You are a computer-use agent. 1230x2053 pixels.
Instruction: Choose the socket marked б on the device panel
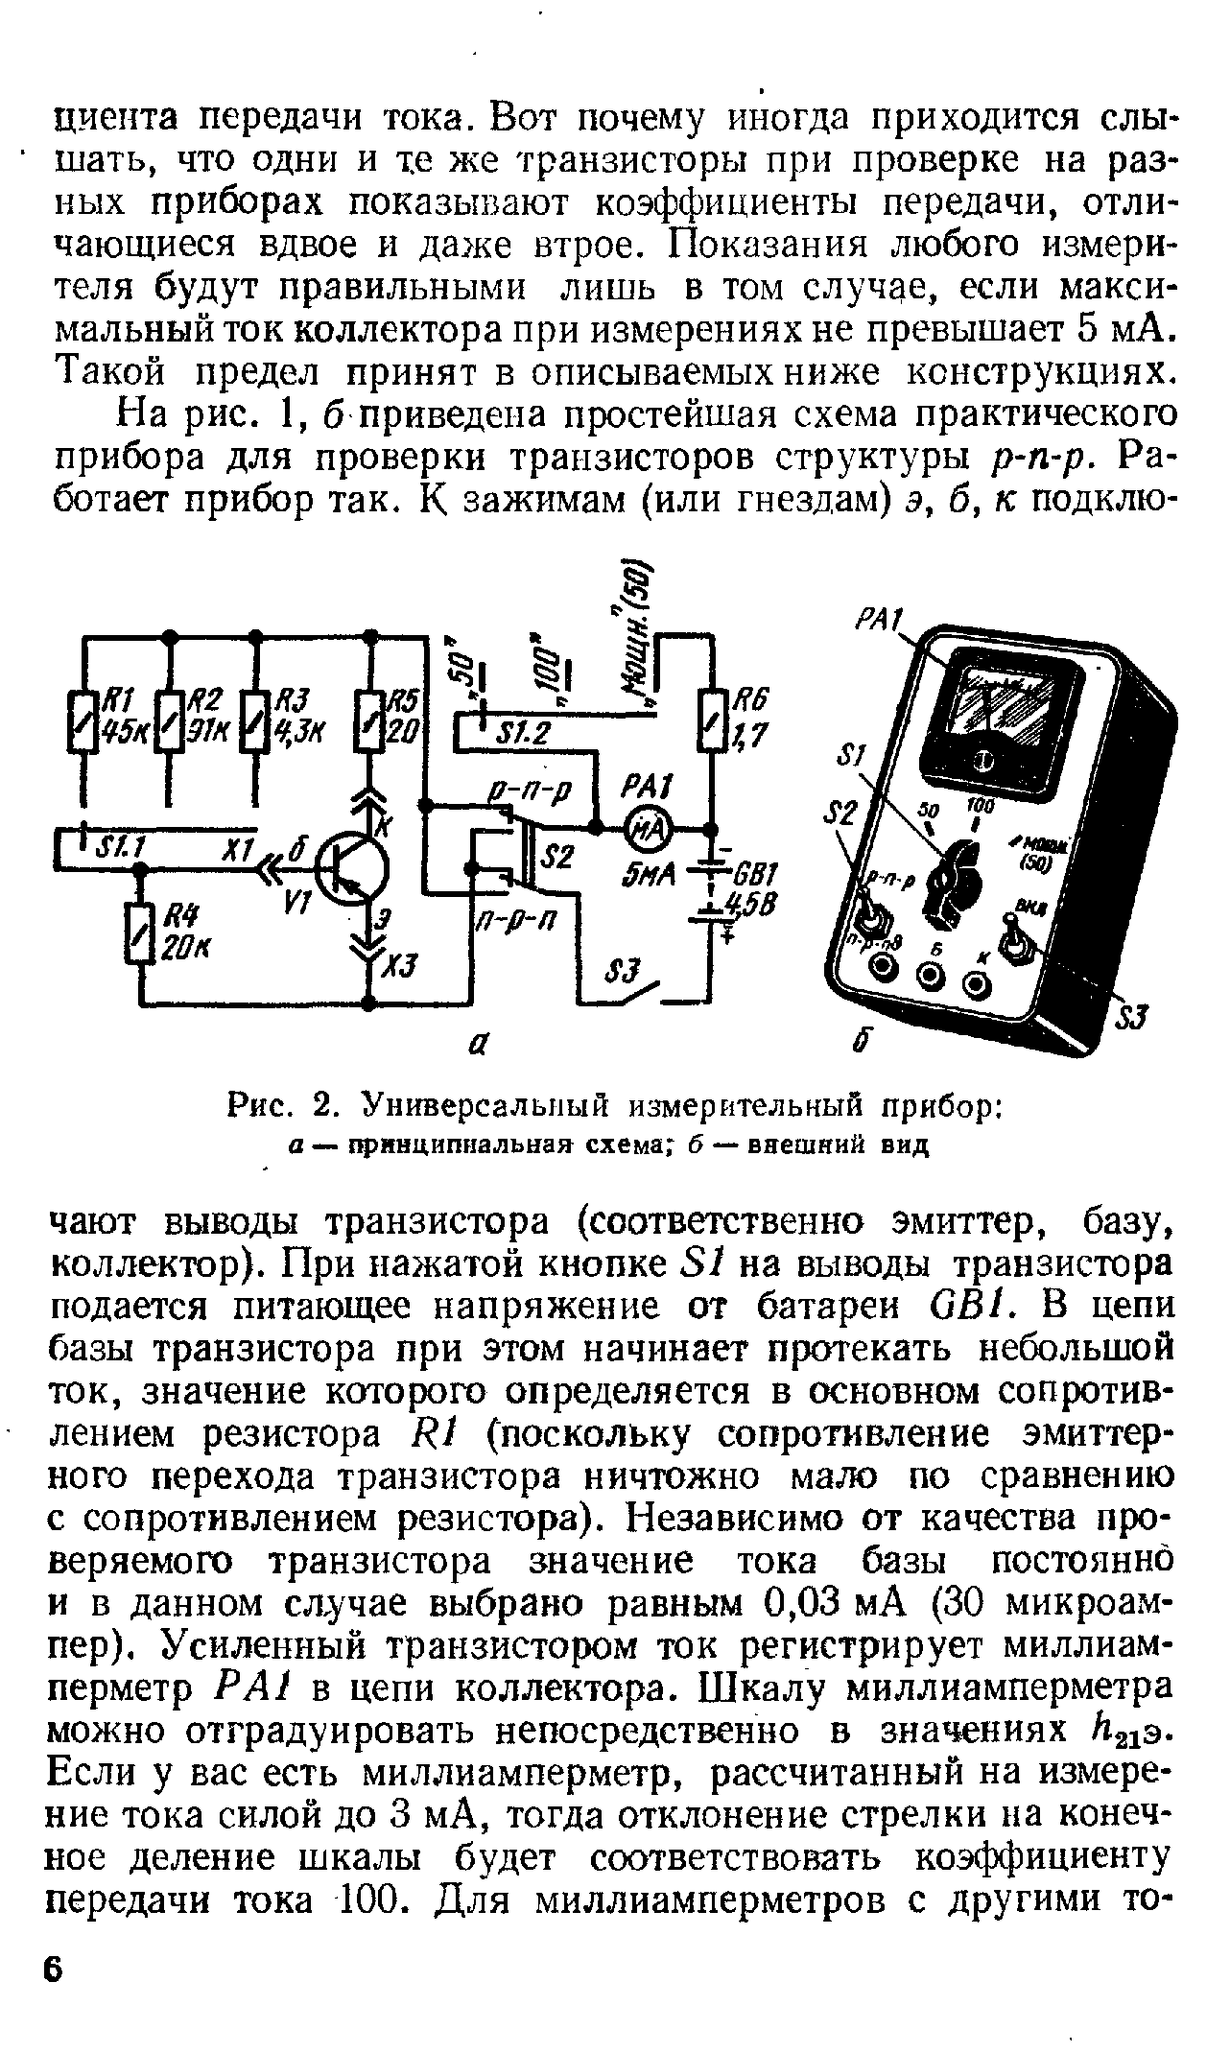pos(930,978)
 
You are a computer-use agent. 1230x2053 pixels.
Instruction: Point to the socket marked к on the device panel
pos(978,984)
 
